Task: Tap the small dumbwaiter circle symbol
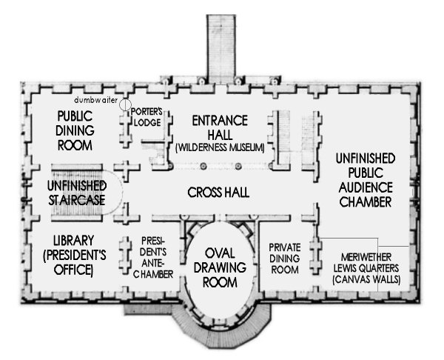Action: [126, 104]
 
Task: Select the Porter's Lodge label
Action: [147, 117]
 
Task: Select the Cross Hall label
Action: [218, 193]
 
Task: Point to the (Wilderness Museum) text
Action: [220, 148]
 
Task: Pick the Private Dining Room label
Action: [283, 258]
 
